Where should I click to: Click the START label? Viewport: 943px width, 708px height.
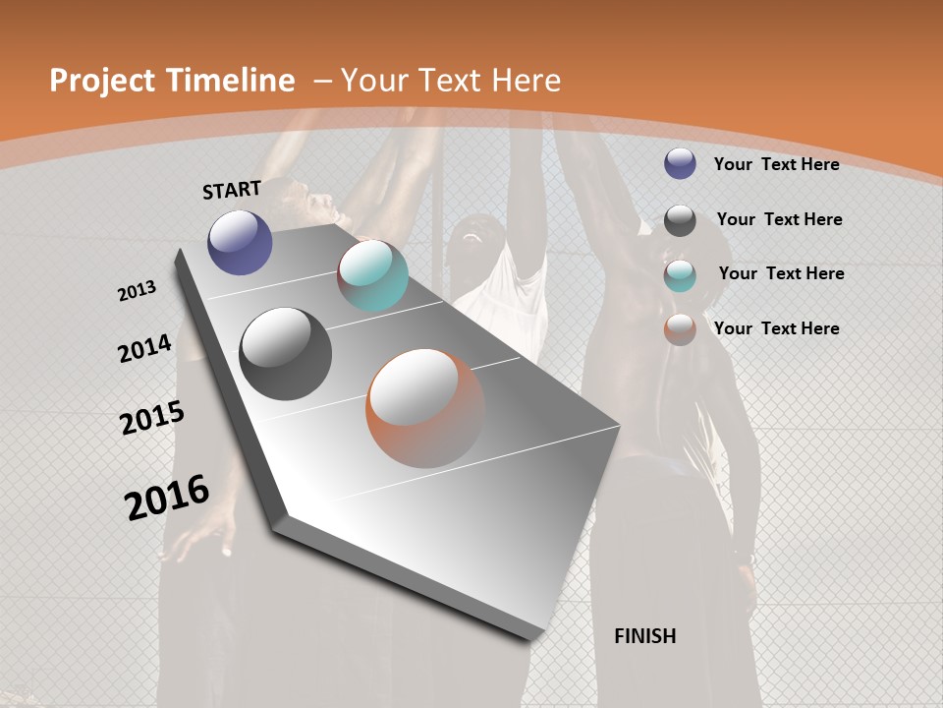tap(232, 190)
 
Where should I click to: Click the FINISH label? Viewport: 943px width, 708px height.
tap(645, 636)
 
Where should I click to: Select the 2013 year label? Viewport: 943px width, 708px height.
tap(137, 291)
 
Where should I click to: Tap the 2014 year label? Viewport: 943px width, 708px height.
tap(144, 348)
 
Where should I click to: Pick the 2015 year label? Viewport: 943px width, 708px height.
tap(152, 417)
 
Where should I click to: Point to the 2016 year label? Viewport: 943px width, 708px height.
tap(167, 497)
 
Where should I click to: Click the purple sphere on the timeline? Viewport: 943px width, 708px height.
tap(240, 242)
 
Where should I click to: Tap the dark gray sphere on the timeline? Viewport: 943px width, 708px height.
tap(285, 354)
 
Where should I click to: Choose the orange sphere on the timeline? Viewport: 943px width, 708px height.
tap(424, 408)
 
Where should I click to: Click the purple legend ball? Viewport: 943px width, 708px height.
tap(680, 163)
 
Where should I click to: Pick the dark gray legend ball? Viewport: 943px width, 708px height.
tap(680, 220)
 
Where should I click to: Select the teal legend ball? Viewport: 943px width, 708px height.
tap(680, 275)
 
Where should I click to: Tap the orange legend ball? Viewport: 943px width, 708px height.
tap(680, 329)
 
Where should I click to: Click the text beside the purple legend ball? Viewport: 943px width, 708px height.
tap(776, 164)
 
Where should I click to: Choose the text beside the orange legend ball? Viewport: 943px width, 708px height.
tap(776, 328)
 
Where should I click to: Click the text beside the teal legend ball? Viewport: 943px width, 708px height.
tap(781, 273)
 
